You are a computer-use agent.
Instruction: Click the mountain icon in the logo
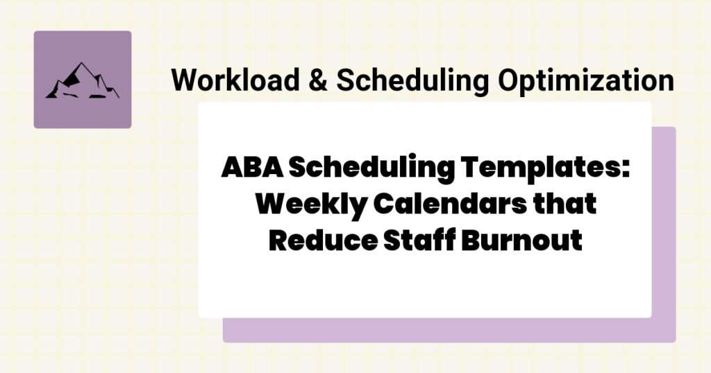tap(82, 81)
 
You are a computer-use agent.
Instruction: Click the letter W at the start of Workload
tap(184, 81)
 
